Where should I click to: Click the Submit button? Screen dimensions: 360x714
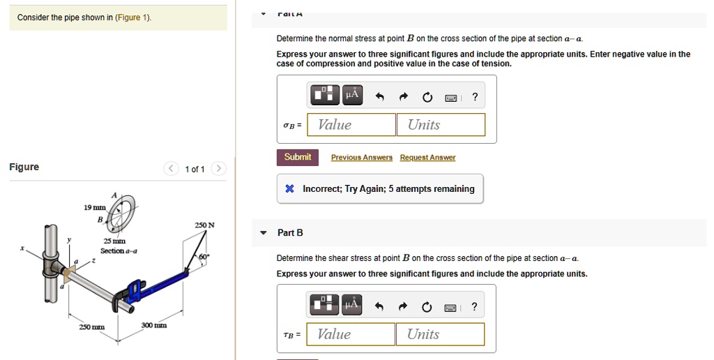tap(298, 157)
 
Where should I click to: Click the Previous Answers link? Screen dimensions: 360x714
tap(361, 158)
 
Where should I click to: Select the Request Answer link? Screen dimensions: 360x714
tap(427, 158)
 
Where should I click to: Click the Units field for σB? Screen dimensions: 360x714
tap(441, 125)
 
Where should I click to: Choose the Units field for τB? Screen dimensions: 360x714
tap(440, 334)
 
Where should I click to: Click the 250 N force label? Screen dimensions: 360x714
tap(204, 225)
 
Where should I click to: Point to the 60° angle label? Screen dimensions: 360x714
tap(204, 257)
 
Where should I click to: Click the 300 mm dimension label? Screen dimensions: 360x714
tap(153, 326)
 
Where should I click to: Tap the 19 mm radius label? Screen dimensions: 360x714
tap(94, 208)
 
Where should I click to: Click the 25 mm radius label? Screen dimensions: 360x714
tap(114, 241)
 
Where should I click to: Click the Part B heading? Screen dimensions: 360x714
tap(290, 232)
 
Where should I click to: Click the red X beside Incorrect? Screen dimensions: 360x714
tap(289, 189)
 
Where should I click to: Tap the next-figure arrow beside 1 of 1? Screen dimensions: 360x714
tap(218, 169)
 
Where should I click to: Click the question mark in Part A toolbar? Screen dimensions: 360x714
tap(475, 96)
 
